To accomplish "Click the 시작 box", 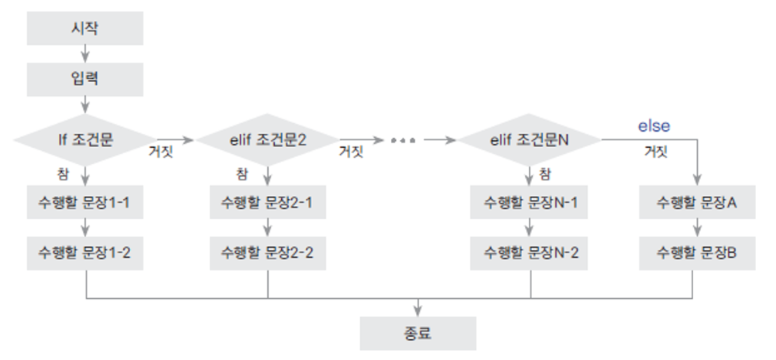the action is click(85, 29).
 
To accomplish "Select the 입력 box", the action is click(85, 78).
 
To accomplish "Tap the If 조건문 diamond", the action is click(84, 140).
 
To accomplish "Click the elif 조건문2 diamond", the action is click(268, 140).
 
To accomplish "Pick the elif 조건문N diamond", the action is click(530, 140).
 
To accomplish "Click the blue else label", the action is click(654, 125).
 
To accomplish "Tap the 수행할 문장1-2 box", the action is click(85, 252).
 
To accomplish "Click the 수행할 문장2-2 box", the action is click(268, 252).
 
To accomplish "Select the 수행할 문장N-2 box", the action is click(530, 252).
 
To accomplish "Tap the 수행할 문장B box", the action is click(697, 252).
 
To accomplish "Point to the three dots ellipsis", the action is click(403, 140).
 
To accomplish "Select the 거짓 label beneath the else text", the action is click(657, 151).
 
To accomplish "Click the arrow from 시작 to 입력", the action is click(85, 53).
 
